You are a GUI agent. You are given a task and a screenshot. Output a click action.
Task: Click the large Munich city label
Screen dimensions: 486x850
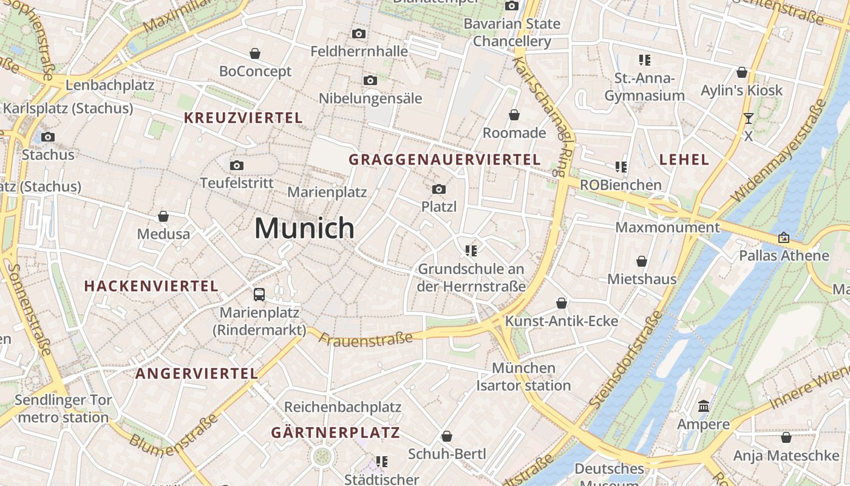tap(304, 228)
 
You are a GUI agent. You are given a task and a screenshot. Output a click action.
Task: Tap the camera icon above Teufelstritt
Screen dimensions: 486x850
tap(237, 165)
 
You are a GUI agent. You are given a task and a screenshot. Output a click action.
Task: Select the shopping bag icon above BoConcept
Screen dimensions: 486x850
tap(255, 53)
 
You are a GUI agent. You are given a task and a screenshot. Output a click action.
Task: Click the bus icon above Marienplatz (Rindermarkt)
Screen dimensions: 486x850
tap(259, 295)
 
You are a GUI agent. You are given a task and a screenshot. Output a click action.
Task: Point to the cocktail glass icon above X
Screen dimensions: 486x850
tap(748, 118)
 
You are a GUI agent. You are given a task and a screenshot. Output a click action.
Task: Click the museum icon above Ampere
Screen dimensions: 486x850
tap(704, 406)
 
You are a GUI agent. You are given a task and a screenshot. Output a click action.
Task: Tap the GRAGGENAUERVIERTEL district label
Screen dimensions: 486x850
tap(444, 160)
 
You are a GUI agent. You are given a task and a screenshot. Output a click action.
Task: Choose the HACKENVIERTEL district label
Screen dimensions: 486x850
tap(151, 286)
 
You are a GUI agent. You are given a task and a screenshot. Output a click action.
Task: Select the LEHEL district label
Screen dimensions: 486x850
tap(684, 160)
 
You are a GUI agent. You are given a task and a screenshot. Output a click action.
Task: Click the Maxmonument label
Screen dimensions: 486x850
tap(667, 227)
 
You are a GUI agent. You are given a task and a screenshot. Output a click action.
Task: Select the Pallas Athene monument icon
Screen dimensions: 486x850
tap(784, 238)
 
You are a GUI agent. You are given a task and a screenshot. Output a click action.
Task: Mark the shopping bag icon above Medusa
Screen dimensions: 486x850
tap(163, 216)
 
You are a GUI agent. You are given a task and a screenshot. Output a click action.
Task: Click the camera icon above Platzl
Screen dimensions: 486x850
tap(439, 190)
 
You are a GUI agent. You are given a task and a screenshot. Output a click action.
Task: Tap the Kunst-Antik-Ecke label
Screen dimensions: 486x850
tap(562, 321)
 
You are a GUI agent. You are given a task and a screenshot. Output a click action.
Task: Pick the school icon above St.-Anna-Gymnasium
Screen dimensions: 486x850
tap(645, 60)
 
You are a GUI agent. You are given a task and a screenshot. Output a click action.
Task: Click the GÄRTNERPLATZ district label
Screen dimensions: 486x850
tap(335, 433)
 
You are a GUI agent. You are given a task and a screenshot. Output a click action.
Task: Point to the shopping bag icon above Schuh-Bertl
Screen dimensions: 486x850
tap(447, 436)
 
